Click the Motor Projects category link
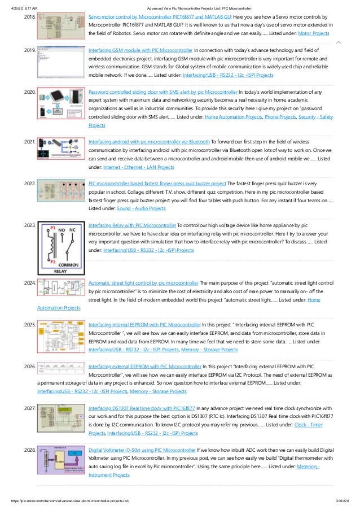click(313, 34)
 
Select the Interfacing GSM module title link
click(144, 50)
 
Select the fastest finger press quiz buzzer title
click(157, 184)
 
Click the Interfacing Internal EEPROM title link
click(144, 325)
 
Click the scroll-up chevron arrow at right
click(338, 42)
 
